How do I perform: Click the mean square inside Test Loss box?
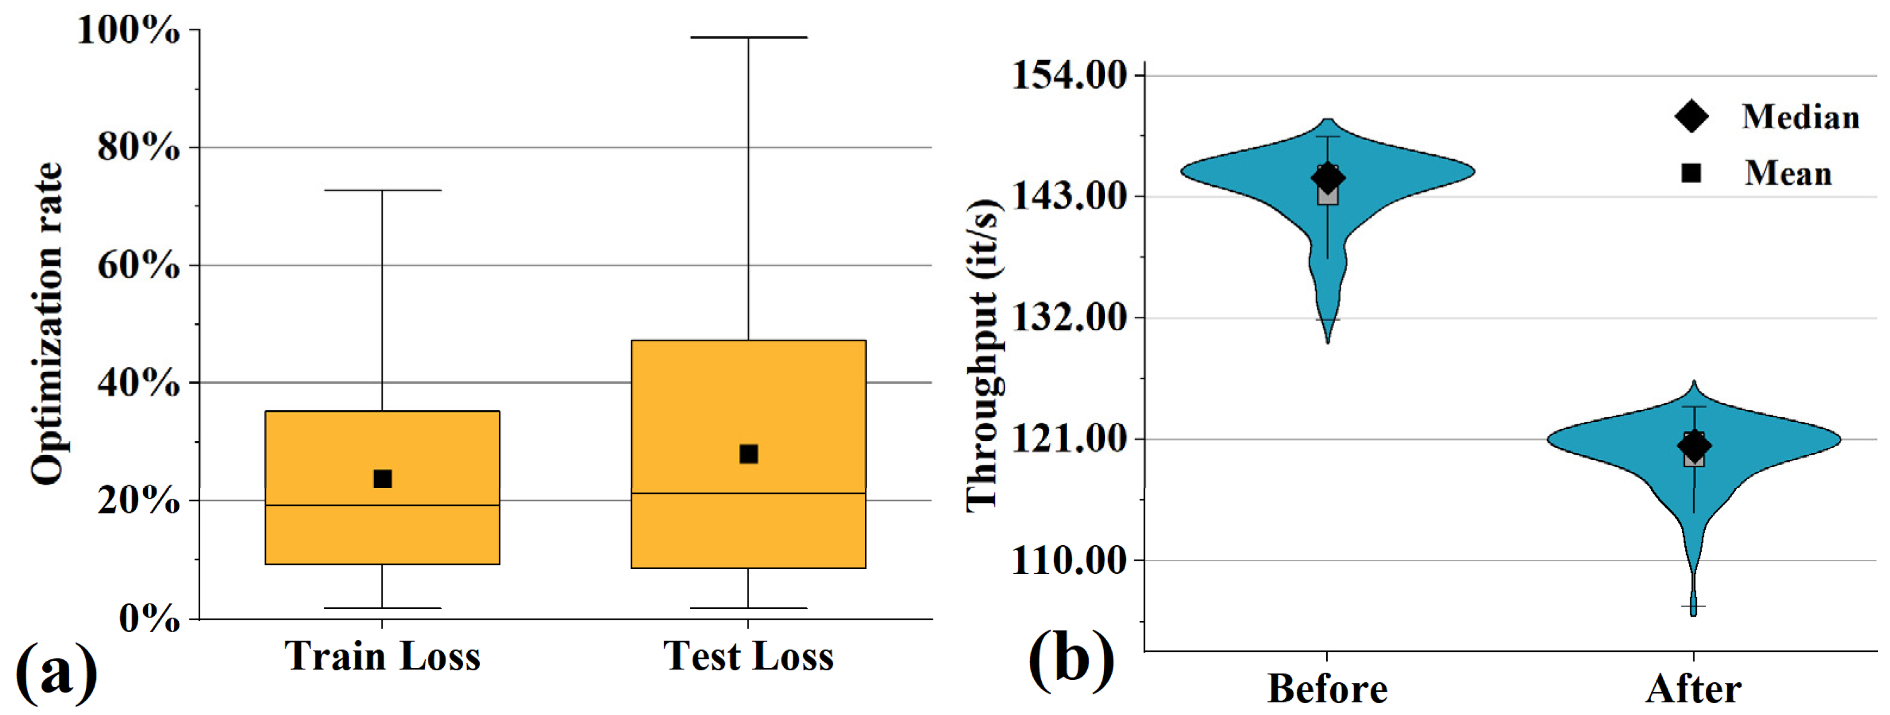pyautogui.click(x=749, y=454)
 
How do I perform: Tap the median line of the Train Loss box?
pyautogui.click(x=382, y=505)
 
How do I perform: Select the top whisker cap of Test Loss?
pyautogui.click(x=749, y=38)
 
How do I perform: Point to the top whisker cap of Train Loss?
pyautogui.click(x=382, y=191)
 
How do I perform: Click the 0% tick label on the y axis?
pyautogui.click(x=149, y=619)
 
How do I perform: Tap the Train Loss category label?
pyautogui.click(x=382, y=655)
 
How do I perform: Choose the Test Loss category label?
pyautogui.click(x=749, y=655)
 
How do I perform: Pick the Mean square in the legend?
pyautogui.click(x=1691, y=173)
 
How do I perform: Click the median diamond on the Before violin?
pyautogui.click(x=1327, y=177)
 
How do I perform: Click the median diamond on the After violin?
pyautogui.click(x=1694, y=444)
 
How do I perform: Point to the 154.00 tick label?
pyautogui.click(x=1069, y=75)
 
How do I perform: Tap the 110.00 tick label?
pyautogui.click(x=1069, y=561)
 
